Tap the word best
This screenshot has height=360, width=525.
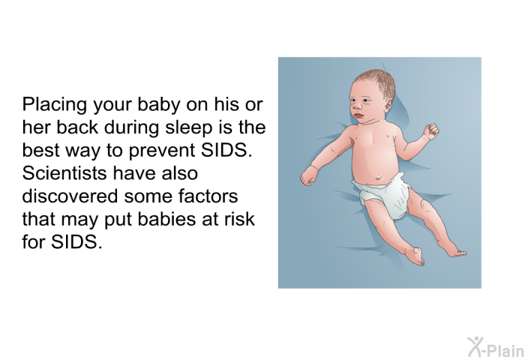click(x=40, y=150)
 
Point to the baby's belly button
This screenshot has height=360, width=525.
click(x=379, y=176)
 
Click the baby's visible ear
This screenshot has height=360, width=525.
click(x=387, y=107)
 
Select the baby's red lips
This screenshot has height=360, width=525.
click(x=358, y=115)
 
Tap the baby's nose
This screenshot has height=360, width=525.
click(x=356, y=106)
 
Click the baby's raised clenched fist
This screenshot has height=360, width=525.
click(x=431, y=130)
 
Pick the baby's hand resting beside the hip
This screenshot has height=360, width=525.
click(x=309, y=175)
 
